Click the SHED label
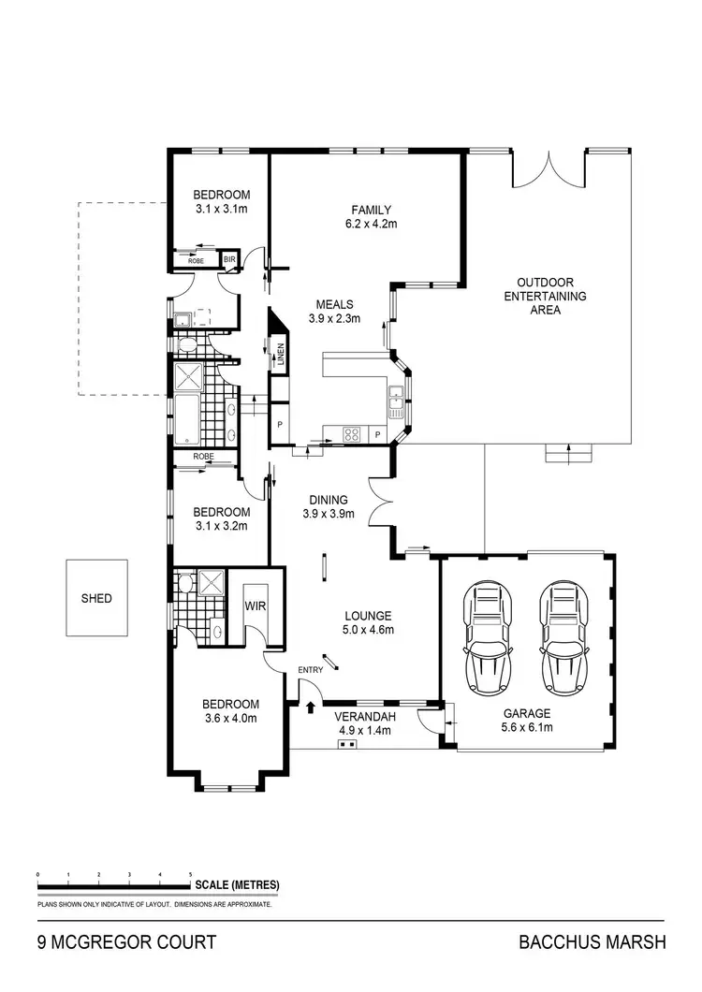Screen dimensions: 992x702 click(x=96, y=598)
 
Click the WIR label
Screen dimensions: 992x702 click(x=256, y=605)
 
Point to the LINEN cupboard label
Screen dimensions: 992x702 click(x=280, y=357)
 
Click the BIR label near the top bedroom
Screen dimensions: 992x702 click(x=228, y=260)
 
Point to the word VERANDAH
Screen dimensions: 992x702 click(x=361, y=717)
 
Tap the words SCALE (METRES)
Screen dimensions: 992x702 click(x=237, y=884)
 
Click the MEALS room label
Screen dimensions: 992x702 click(x=334, y=304)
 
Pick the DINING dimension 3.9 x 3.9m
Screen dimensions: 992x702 click(x=325, y=514)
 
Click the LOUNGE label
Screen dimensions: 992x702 click(x=367, y=616)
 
